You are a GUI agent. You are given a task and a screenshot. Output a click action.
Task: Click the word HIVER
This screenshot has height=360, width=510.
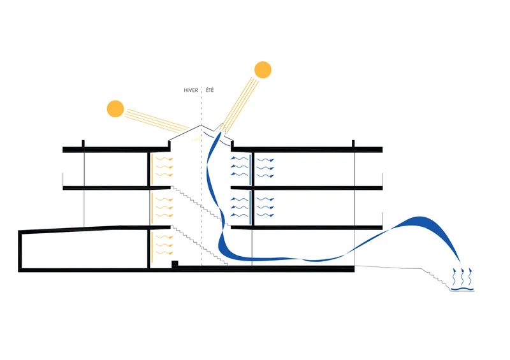(x=191, y=90)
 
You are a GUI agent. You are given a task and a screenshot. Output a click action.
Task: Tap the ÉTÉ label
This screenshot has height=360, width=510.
(x=210, y=90)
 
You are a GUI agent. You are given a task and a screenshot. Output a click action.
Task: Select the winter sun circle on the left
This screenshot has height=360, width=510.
(x=115, y=108)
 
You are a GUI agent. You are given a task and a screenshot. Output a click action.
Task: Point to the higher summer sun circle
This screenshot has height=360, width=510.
(x=263, y=69)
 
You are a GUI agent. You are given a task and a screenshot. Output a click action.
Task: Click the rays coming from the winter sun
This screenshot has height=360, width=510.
(x=157, y=121)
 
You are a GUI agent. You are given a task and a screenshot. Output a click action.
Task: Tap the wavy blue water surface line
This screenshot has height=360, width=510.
(x=462, y=289)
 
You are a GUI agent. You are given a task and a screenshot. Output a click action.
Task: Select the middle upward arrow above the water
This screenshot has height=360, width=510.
(x=462, y=277)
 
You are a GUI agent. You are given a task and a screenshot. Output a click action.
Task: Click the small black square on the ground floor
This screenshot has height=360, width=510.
(x=175, y=263)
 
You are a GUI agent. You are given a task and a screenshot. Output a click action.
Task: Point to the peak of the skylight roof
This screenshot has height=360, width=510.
(x=201, y=125)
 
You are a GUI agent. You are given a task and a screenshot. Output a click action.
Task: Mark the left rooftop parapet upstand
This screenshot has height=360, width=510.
(x=84, y=144)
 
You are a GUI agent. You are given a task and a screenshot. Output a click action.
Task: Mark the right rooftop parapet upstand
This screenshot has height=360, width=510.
(x=353, y=144)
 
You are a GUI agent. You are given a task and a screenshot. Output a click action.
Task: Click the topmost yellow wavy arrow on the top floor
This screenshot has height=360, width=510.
(x=164, y=159)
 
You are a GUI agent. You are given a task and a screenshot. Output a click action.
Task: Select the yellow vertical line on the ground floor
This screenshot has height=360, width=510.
(x=152, y=246)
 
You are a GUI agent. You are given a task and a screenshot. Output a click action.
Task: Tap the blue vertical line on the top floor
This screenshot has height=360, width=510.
(x=250, y=169)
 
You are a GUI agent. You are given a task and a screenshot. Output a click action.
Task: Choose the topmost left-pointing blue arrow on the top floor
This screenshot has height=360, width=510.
(x=239, y=159)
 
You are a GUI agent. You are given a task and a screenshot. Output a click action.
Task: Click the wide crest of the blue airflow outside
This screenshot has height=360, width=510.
(x=419, y=221)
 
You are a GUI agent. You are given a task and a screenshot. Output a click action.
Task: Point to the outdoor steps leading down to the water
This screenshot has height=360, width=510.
(x=437, y=278)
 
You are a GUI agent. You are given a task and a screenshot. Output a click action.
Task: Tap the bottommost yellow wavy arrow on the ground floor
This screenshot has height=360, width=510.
(x=164, y=253)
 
